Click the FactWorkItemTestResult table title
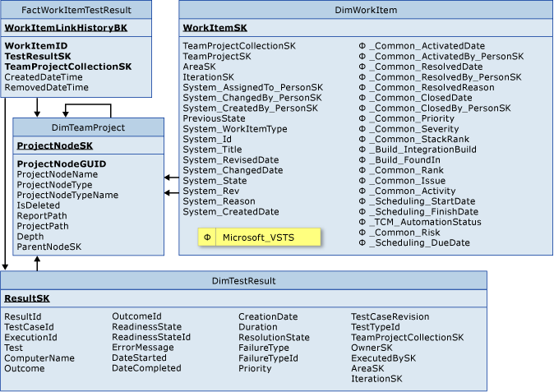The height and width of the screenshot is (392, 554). point(76,10)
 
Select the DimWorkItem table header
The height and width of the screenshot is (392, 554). point(367,10)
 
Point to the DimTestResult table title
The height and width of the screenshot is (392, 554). point(243,280)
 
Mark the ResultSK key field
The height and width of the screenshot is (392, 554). point(26,298)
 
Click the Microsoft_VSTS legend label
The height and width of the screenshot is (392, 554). point(258,238)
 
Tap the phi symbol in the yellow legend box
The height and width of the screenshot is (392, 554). point(207,238)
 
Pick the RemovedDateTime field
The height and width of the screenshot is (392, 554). point(47,87)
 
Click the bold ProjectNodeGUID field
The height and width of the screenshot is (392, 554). point(62,164)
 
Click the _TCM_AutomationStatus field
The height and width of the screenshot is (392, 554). point(427,222)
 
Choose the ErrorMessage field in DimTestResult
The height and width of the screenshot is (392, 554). point(143,348)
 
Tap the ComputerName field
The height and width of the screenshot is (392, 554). point(39,358)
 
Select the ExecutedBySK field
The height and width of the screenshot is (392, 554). point(383,358)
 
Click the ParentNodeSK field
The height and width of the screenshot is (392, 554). point(49,247)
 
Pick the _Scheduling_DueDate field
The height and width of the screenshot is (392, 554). point(421,243)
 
